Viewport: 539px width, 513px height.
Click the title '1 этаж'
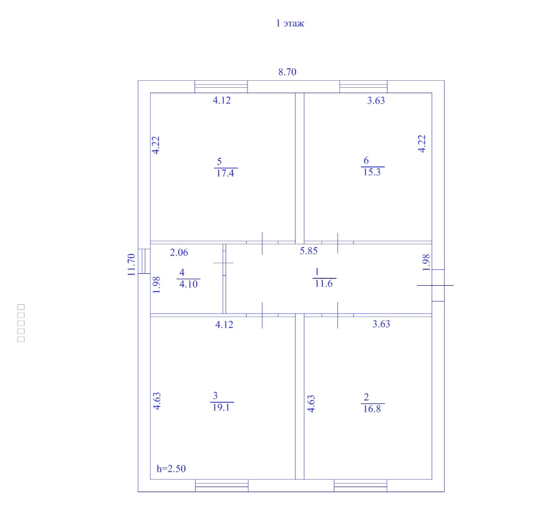290,23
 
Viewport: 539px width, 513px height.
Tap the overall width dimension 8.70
287,72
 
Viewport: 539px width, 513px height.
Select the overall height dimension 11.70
131,265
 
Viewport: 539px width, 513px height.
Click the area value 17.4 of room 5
225,173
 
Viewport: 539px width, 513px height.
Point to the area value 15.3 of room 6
372,171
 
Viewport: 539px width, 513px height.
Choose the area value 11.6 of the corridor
324,283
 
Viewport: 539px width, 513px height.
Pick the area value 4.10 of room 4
188,284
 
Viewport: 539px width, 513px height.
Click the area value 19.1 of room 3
221,407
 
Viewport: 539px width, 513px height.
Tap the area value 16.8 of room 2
372,409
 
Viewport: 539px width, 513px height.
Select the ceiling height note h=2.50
171,468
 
